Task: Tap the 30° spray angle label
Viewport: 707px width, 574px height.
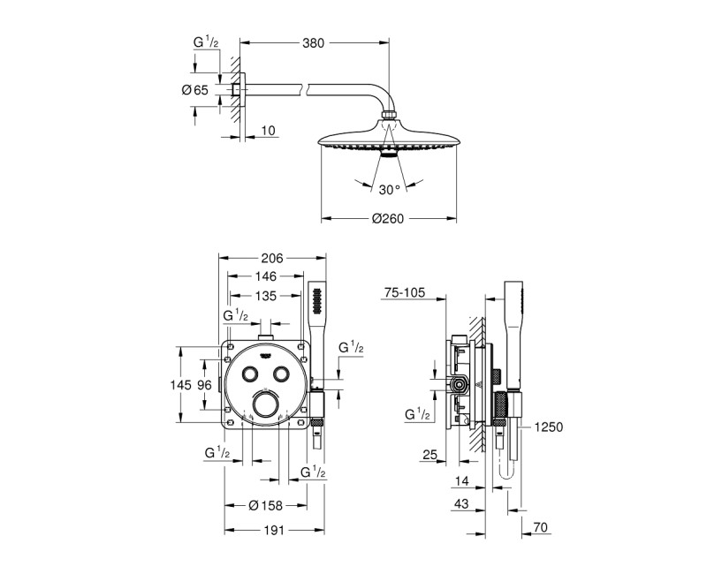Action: click(x=389, y=188)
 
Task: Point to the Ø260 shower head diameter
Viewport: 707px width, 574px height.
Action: click(x=388, y=218)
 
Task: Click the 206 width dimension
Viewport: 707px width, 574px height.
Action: click(x=271, y=258)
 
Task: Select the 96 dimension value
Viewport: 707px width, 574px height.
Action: click(x=205, y=385)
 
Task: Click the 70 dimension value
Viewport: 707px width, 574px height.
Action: click(x=542, y=528)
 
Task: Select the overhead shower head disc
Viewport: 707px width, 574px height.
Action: click(x=388, y=140)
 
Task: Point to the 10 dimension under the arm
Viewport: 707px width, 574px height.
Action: click(x=269, y=131)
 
